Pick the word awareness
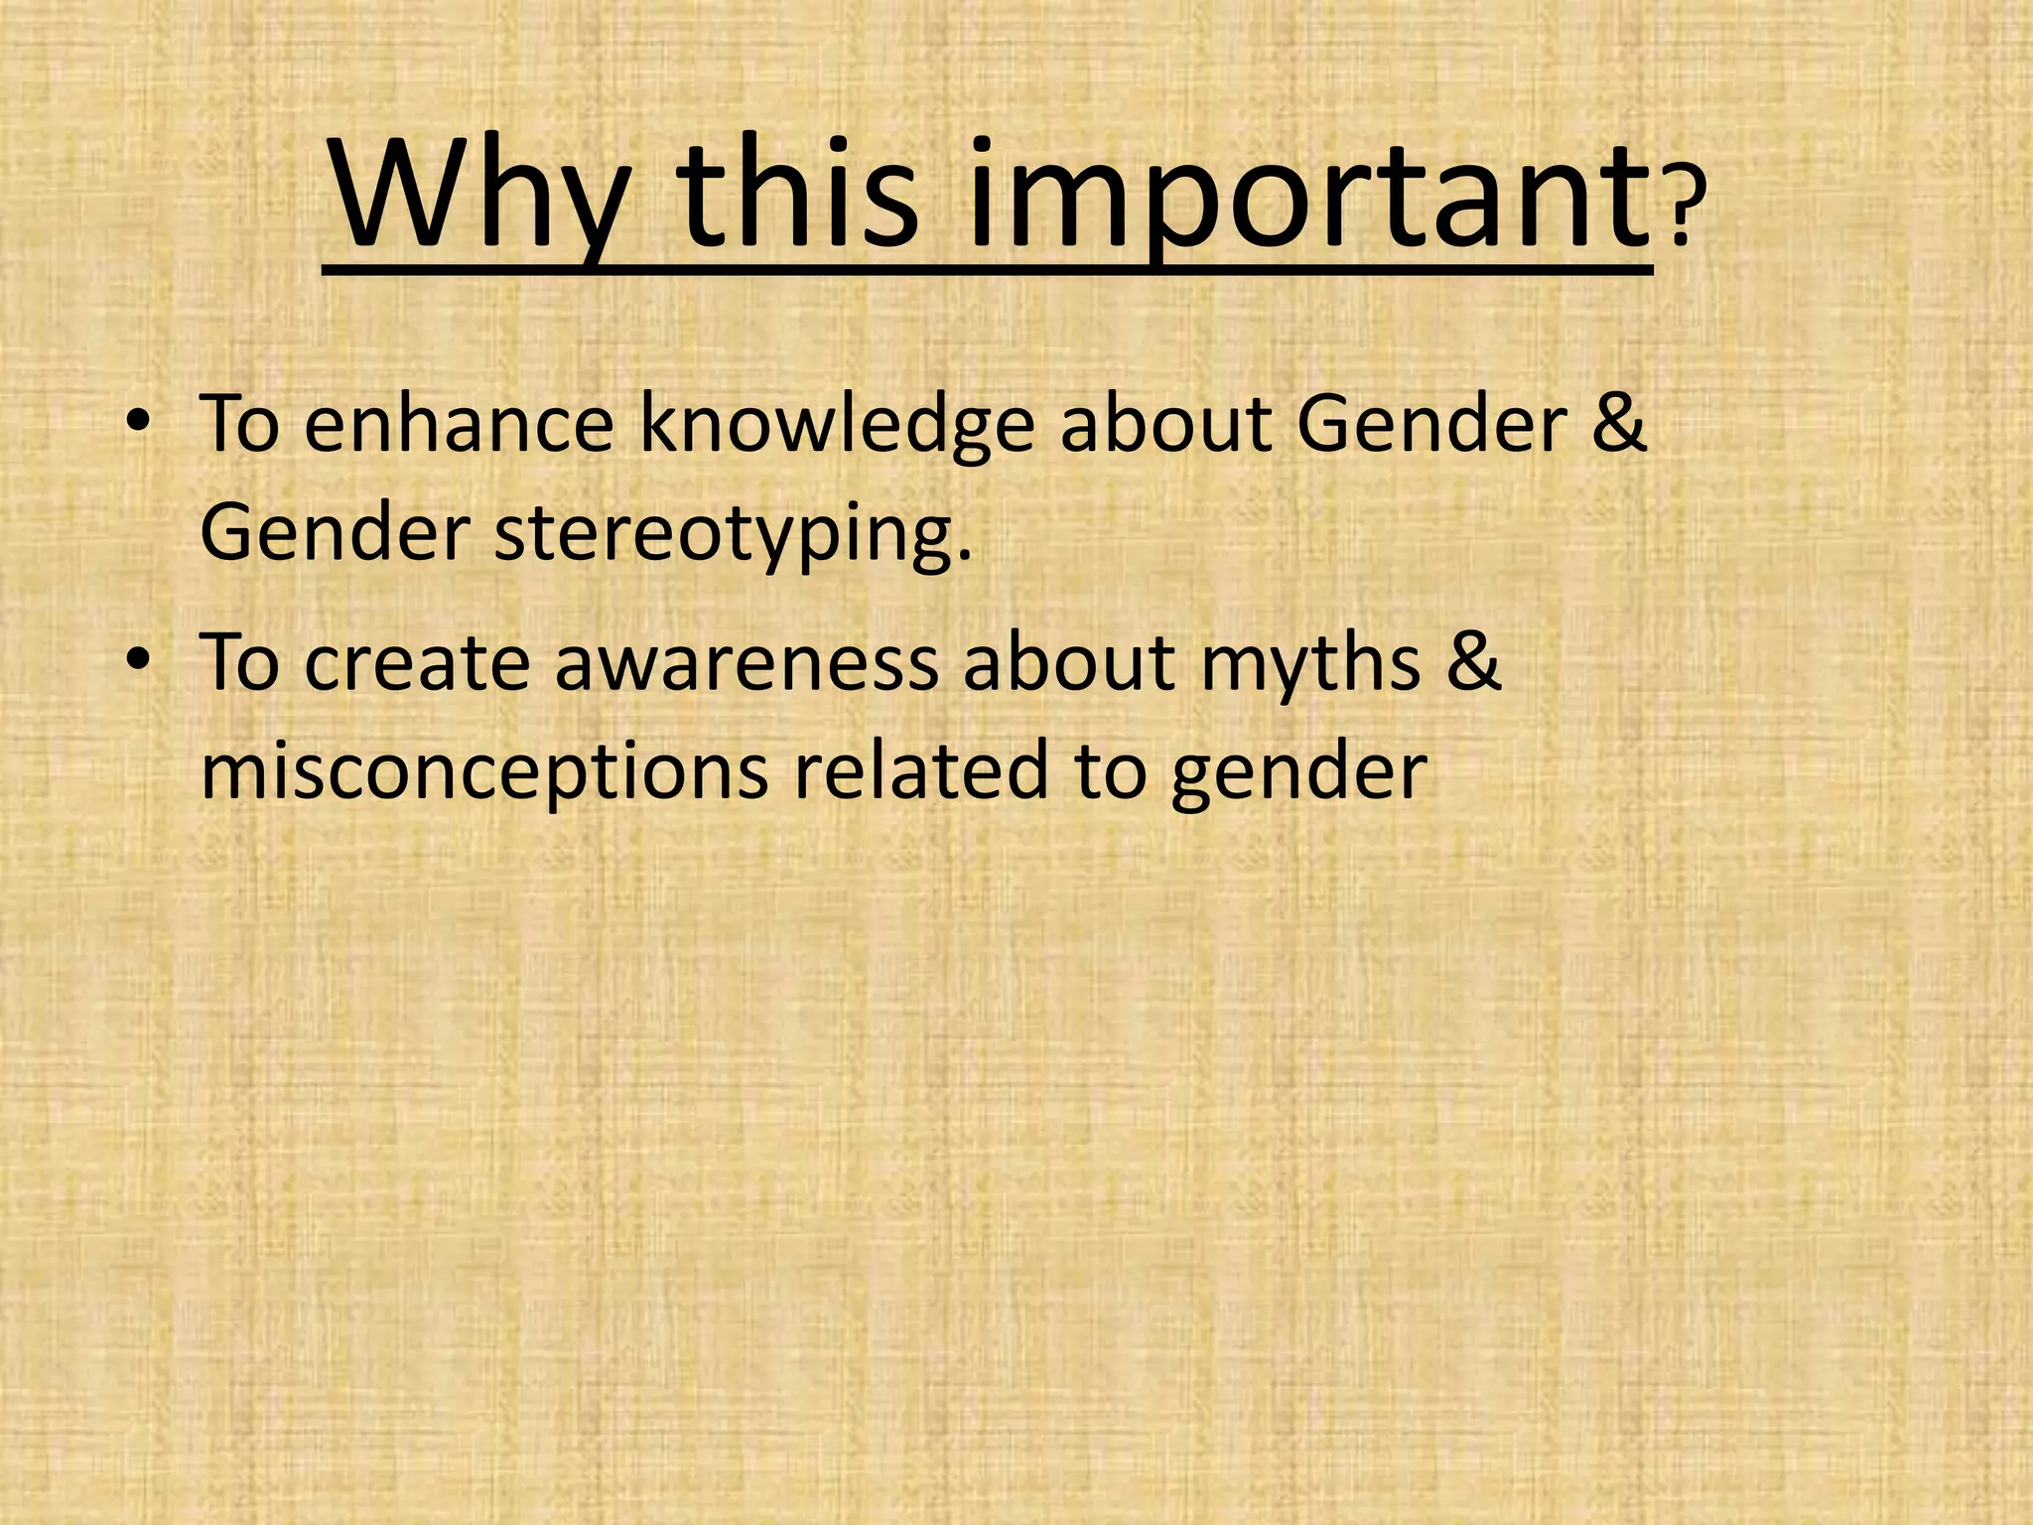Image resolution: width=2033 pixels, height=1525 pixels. tap(745, 663)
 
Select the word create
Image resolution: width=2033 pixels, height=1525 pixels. tap(417, 663)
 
